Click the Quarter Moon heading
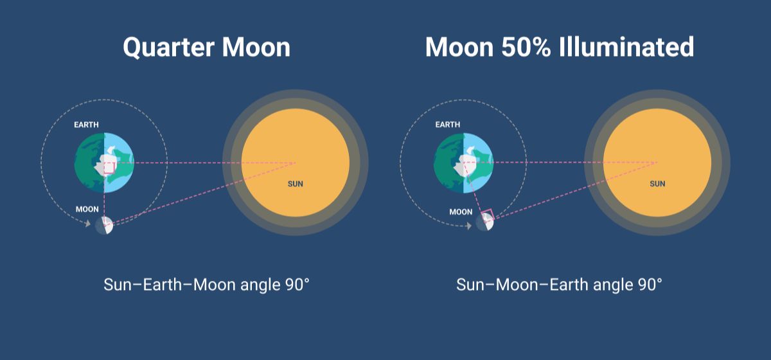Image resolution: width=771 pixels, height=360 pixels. click(206, 48)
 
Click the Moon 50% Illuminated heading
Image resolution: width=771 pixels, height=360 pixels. click(560, 47)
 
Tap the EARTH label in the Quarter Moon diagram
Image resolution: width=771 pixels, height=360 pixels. click(86, 125)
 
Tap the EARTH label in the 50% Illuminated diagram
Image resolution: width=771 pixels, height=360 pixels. click(447, 124)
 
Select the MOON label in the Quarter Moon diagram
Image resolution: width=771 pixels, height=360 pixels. click(87, 209)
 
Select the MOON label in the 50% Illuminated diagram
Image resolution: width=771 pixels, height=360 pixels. click(461, 212)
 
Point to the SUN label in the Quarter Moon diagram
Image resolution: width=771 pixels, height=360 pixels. click(296, 184)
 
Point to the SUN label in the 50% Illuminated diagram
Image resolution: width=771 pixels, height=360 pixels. click(657, 184)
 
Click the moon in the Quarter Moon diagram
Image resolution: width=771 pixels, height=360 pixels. click(104, 225)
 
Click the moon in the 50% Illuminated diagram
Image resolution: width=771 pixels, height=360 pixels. click(484, 222)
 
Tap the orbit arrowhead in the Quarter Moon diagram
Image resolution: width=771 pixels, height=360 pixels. click(88, 224)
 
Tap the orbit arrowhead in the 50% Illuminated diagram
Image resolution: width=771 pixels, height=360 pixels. click(468, 226)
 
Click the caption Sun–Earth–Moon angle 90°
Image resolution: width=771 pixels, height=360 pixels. click(206, 285)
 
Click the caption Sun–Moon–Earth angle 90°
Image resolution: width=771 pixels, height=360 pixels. click(560, 285)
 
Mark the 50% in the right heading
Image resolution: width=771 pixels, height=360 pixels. click(526, 47)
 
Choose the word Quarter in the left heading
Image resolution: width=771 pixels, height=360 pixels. click(168, 48)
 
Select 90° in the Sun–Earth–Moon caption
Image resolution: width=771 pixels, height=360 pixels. click(297, 285)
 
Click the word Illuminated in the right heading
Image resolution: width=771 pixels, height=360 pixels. click(626, 47)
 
